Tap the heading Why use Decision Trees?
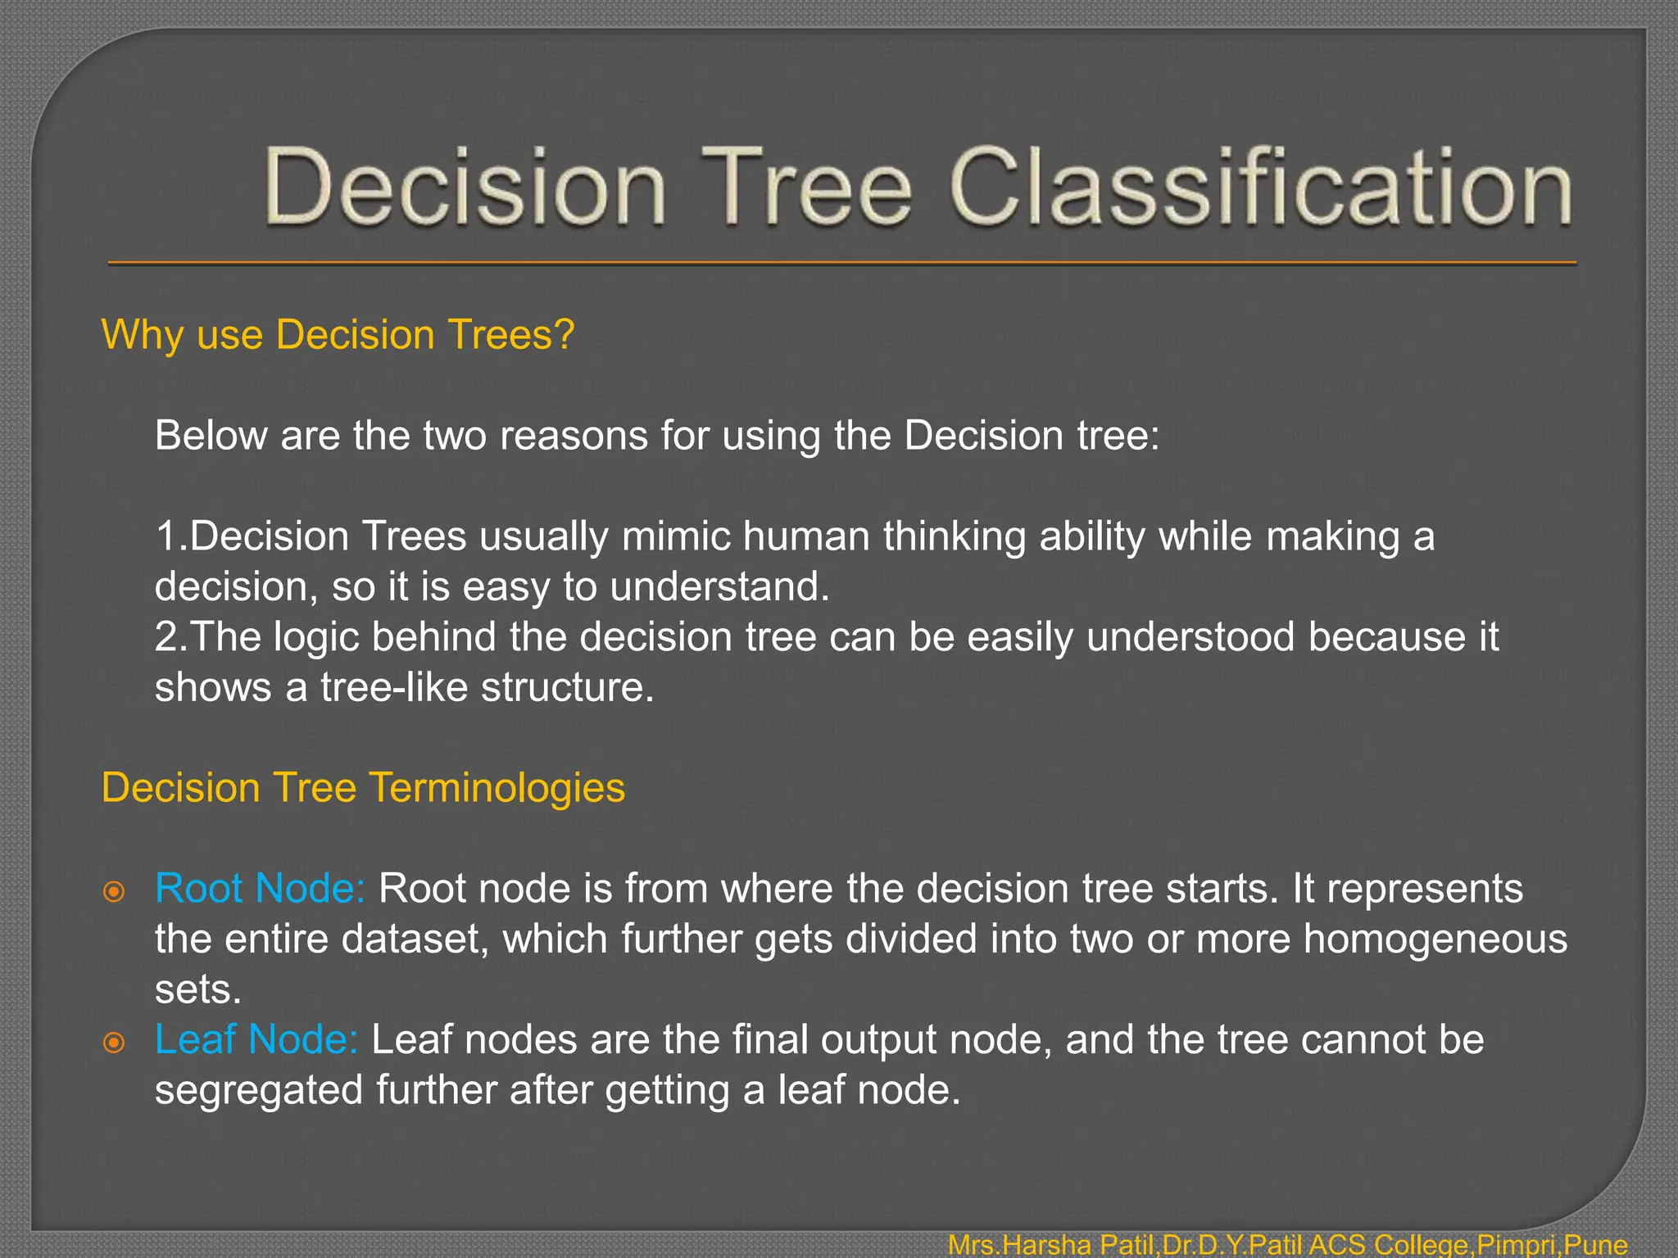click(x=338, y=335)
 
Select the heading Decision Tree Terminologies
click(x=363, y=788)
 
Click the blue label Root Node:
click(x=260, y=889)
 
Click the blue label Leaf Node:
click(x=256, y=1040)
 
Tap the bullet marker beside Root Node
click(x=114, y=891)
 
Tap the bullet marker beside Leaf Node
click(x=114, y=1043)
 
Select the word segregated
click(x=259, y=1091)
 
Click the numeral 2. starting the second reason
click(x=170, y=637)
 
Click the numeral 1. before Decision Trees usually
click(x=170, y=536)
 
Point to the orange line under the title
click(x=842, y=263)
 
